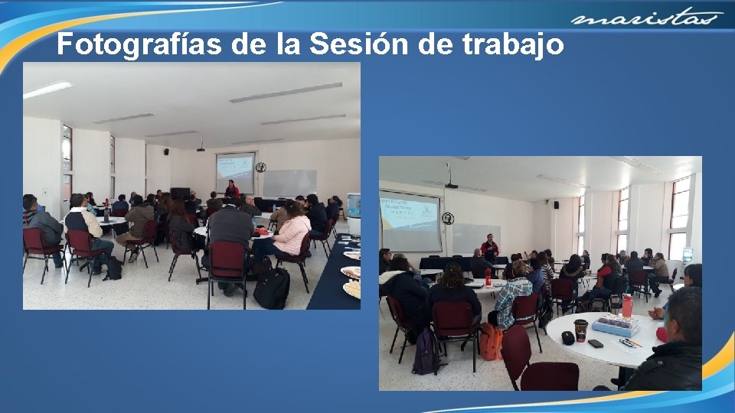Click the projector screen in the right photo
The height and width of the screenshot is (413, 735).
pyautogui.click(x=410, y=222)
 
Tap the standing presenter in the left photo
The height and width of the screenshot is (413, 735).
pyautogui.click(x=231, y=189)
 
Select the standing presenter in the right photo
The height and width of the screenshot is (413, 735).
pyautogui.click(x=490, y=249)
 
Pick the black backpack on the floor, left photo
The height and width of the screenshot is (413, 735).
pyautogui.click(x=273, y=288)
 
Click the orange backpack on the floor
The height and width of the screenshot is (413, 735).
pyautogui.click(x=491, y=341)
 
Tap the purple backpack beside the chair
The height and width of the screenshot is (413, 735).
pyautogui.click(x=425, y=353)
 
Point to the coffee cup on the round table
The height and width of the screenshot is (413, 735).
pyautogui.click(x=581, y=330)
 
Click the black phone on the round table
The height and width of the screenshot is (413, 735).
pyautogui.click(x=596, y=343)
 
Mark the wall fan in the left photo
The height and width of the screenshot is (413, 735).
pyautogui.click(x=261, y=167)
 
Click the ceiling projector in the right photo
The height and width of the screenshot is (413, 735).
pyautogui.click(x=452, y=185)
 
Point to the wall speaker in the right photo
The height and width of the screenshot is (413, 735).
pyautogui.click(x=556, y=204)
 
